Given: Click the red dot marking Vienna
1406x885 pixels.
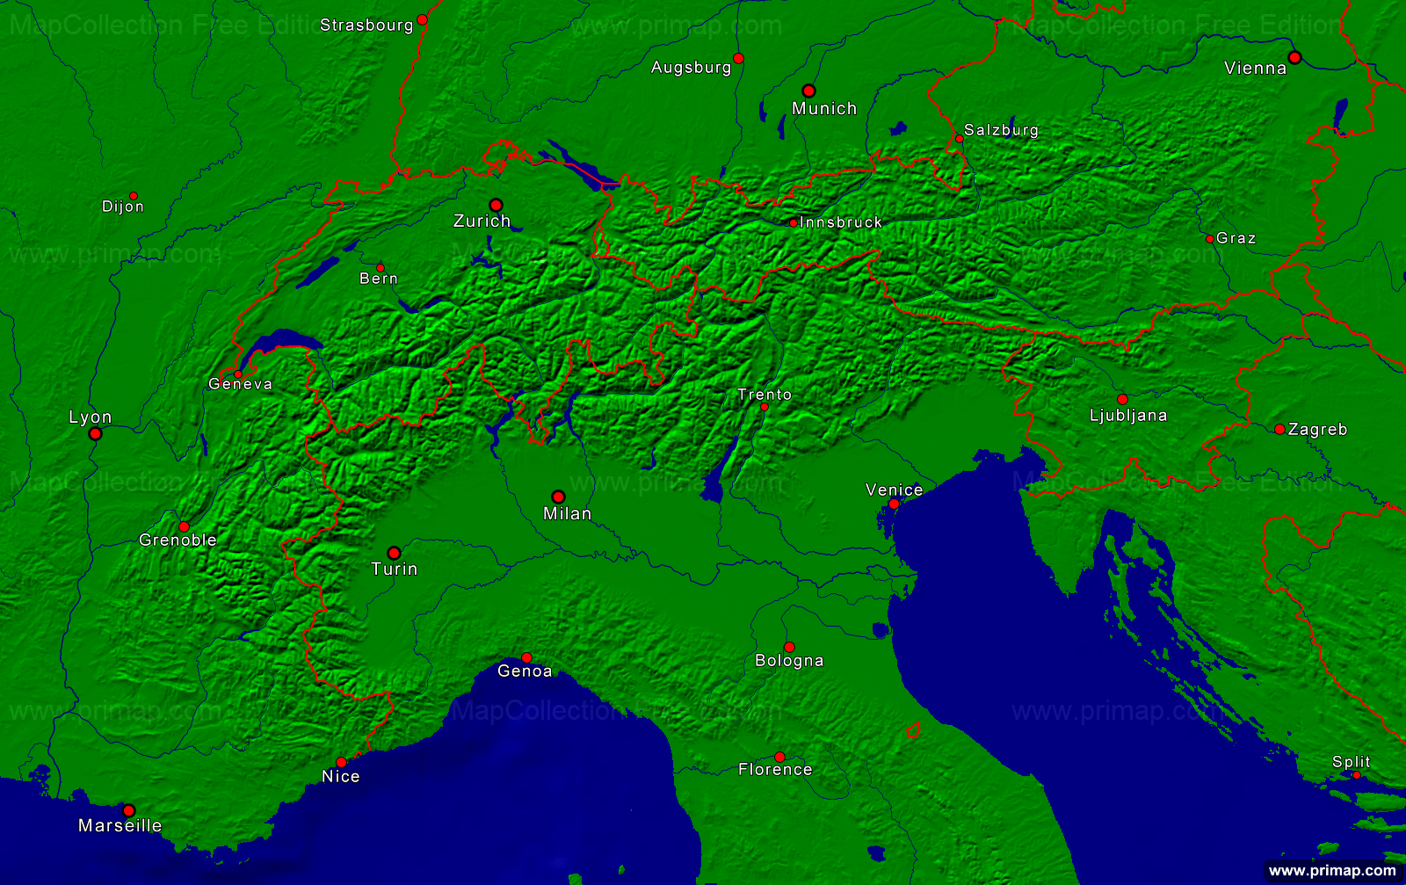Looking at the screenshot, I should [1294, 57].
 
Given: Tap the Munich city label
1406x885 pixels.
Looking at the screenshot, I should [823, 109].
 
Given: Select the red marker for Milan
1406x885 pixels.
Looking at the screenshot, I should [558, 497].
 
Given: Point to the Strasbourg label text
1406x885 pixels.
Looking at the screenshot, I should [366, 25].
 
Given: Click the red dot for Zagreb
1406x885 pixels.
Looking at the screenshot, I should [1279, 429].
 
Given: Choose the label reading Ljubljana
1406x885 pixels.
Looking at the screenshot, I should [1128, 416].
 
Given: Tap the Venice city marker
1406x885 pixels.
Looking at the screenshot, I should [894, 504].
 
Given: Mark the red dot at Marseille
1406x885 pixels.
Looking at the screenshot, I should [128, 810].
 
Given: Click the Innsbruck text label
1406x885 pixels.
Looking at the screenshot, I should [841, 223].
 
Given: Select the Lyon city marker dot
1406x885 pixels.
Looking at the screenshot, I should [95, 433].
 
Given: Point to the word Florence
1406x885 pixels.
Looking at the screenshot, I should [775, 770].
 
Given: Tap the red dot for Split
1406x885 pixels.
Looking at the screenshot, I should [1356, 775].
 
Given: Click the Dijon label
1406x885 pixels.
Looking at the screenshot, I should [123, 207].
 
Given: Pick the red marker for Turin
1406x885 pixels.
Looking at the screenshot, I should [394, 553].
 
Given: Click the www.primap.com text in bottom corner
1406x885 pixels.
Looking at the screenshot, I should [1332, 871].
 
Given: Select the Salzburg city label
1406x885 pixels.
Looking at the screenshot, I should [1001, 131].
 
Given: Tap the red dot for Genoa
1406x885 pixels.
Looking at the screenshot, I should [526, 657].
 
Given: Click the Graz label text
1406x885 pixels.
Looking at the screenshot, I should [1236, 239].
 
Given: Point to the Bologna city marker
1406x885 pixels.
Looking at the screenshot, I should [789, 647].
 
